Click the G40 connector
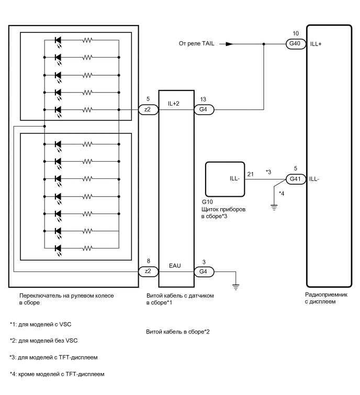pyautogui.click(x=294, y=44)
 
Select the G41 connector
pyautogui.click(x=294, y=178)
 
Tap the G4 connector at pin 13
pyautogui.click(x=203, y=109)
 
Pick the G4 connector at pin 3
pyautogui.click(x=203, y=272)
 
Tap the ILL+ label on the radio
pyautogui.click(x=316, y=44)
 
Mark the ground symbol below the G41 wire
pyautogui.click(x=273, y=206)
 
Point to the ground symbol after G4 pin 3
pyautogui.click(x=236, y=286)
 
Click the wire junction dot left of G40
pyautogui.click(x=263, y=44)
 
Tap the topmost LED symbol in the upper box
pyautogui.click(x=58, y=40)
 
